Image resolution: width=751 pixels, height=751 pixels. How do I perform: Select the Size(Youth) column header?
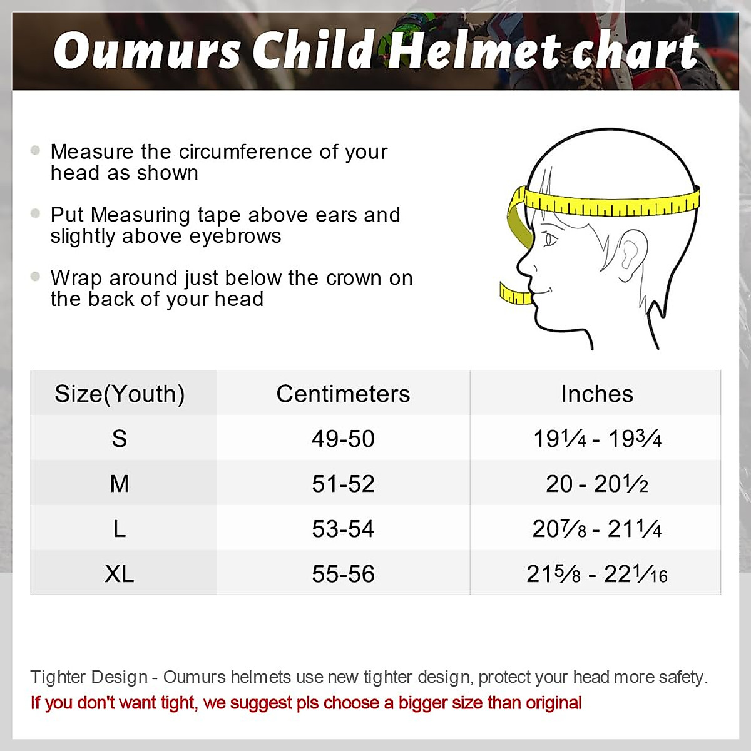(120, 394)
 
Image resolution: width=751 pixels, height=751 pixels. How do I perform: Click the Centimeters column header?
(343, 394)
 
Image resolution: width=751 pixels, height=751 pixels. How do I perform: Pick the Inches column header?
(596, 394)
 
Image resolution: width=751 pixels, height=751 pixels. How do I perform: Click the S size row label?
(120, 439)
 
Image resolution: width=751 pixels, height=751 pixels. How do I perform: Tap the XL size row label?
(120, 574)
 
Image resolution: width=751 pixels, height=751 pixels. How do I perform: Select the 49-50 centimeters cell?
(343, 439)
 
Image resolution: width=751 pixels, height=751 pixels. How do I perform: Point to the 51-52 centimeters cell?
(343, 484)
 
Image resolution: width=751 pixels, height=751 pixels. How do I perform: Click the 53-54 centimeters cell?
(343, 529)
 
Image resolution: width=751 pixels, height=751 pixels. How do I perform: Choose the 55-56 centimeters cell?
(343, 574)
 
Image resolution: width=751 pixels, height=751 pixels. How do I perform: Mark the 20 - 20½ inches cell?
(596, 484)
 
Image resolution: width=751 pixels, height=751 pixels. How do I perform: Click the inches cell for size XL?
(596, 574)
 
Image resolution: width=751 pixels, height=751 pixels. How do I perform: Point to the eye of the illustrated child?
(550, 239)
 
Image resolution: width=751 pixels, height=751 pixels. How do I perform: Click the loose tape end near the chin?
(514, 294)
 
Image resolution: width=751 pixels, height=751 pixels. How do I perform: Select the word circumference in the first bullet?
(258, 152)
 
